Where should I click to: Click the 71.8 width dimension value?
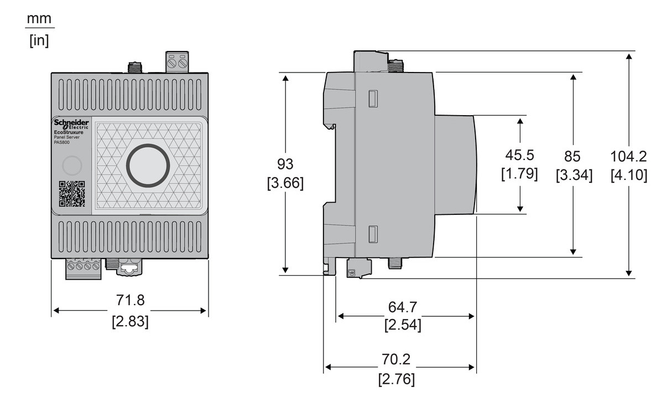[x=129, y=300]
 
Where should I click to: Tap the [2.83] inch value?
[x=129, y=322]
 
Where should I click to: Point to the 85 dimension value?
[x=574, y=156]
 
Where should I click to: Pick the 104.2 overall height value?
[x=629, y=156]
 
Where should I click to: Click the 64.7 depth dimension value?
[x=403, y=306]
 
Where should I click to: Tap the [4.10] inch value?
[x=629, y=175]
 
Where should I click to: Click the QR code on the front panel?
[x=72, y=194]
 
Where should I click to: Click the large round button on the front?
[x=148, y=165]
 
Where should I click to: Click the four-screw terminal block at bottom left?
[x=84, y=269]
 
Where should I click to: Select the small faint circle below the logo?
[x=71, y=166]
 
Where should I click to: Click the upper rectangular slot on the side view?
[x=373, y=99]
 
